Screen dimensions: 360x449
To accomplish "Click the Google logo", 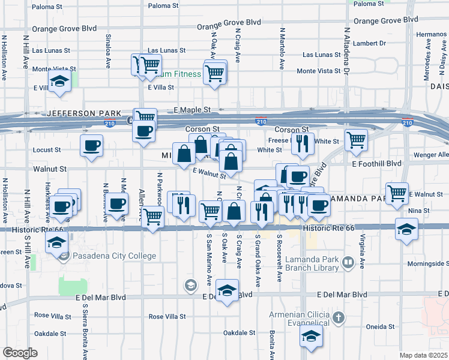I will click(x=20, y=353).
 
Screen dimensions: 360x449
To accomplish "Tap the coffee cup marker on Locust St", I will click(x=91, y=145).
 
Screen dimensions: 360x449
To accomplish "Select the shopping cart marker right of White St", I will click(x=357, y=140).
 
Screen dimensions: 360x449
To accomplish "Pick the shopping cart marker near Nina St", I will click(x=397, y=193).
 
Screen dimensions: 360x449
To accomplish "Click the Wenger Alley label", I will click(x=432, y=155).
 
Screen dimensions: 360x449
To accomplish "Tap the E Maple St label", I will click(x=192, y=110).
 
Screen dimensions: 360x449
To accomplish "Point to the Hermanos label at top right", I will click(x=435, y=34).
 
